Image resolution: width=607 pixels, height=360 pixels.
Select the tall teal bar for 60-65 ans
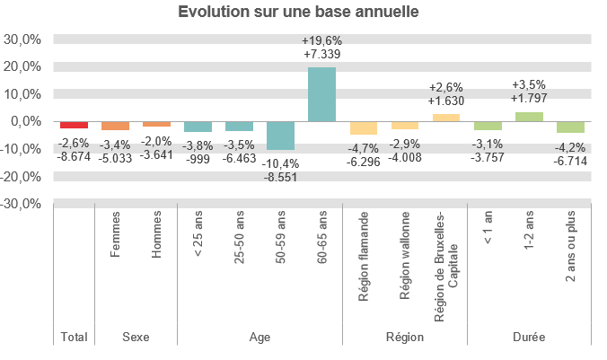coord(321,94)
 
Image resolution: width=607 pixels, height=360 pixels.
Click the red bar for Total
coord(74,125)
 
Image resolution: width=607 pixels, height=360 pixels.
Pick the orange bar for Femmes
coord(115,126)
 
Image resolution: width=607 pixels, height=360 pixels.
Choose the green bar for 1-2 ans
coord(528,117)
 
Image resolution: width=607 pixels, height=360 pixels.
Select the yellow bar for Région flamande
coord(363,127)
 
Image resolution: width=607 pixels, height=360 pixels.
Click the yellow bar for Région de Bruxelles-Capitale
coord(445,118)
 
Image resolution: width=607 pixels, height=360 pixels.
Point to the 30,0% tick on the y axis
coord(23,40)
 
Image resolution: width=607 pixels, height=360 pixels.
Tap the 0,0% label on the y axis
coord(27,121)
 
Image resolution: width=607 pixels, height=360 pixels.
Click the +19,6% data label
coord(321,40)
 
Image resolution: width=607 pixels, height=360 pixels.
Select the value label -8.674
coord(74,157)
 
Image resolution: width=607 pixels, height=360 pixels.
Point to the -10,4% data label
coord(280,163)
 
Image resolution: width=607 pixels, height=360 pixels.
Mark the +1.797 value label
coord(528,98)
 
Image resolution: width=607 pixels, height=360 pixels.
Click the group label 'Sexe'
coord(136,338)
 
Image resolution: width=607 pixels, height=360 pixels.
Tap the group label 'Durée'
coord(528,338)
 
